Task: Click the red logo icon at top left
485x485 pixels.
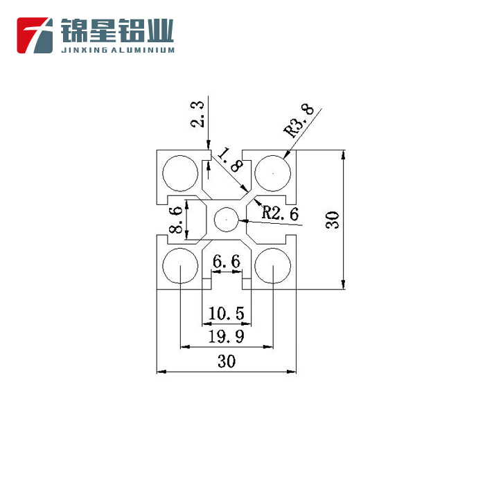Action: (x=35, y=35)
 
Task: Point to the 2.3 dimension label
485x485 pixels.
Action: (x=197, y=115)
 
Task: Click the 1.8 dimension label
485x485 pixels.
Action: (x=228, y=159)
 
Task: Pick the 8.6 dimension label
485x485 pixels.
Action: (x=177, y=219)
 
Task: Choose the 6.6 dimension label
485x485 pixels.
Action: (x=226, y=262)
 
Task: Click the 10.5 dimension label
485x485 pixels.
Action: (x=226, y=315)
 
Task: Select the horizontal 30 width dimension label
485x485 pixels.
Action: (x=226, y=362)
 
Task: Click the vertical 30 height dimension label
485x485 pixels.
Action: (x=333, y=220)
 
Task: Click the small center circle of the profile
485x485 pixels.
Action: (x=226, y=220)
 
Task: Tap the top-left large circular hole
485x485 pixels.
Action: (x=179, y=173)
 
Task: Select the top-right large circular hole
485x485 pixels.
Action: (x=273, y=173)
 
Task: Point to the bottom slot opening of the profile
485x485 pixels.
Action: (x=226, y=282)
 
